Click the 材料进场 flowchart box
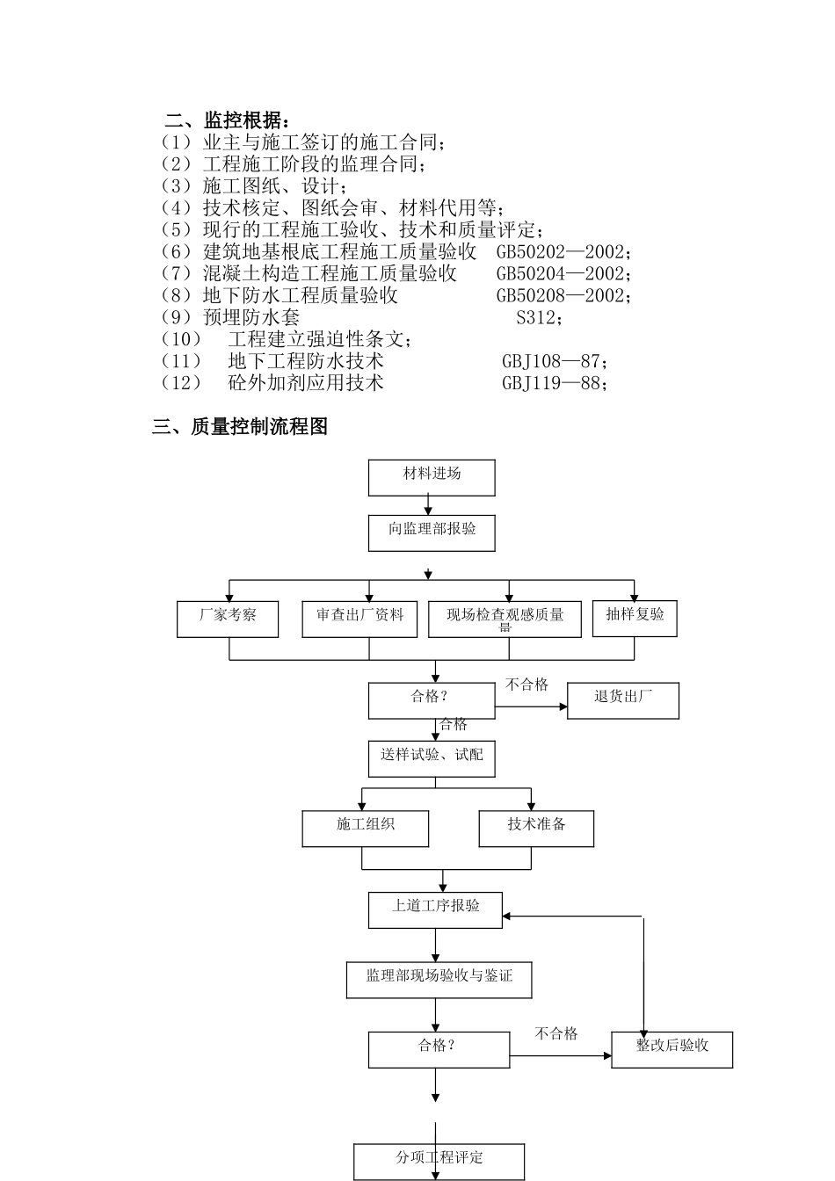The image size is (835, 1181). pyautogui.click(x=431, y=477)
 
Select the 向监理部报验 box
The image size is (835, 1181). pyautogui.click(x=431, y=533)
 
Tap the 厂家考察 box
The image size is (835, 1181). pyautogui.click(x=228, y=619)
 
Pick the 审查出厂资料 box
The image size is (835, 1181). pyautogui.click(x=360, y=619)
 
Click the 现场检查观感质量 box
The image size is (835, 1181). pyautogui.click(x=505, y=619)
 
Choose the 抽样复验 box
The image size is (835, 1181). pyautogui.click(x=635, y=617)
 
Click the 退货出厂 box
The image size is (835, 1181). pyautogui.click(x=622, y=700)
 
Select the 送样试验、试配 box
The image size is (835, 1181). pyautogui.click(x=431, y=758)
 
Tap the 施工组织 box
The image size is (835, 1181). pyautogui.click(x=366, y=828)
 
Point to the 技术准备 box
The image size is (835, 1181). pyautogui.click(x=536, y=828)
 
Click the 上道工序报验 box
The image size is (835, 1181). pyautogui.click(x=435, y=909)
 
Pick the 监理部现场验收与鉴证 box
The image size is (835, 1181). pyautogui.click(x=439, y=979)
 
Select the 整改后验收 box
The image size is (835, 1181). pyautogui.click(x=672, y=1049)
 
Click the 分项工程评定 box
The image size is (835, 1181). pyautogui.click(x=439, y=1161)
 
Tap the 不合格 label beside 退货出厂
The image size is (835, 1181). pyautogui.click(x=527, y=685)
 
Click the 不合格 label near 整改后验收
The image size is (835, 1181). pyautogui.click(x=556, y=1033)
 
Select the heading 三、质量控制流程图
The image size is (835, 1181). pyautogui.click(x=240, y=427)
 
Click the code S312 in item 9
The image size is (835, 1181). pyautogui.click(x=536, y=317)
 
